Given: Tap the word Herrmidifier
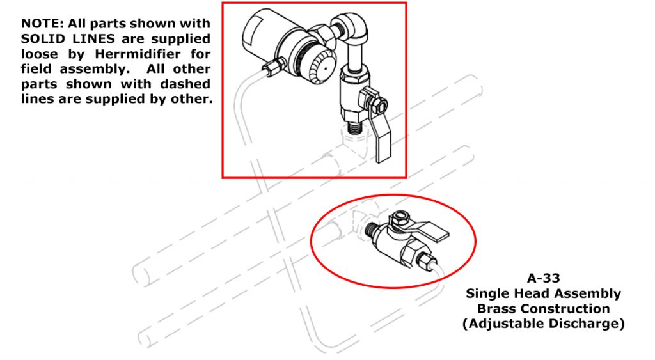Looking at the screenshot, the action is [x=138, y=54].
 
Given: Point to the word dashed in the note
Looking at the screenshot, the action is [x=185, y=84].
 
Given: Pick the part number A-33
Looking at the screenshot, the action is [x=544, y=278].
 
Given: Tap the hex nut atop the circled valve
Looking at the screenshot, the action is [x=399, y=217].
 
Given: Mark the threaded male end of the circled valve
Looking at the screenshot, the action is [x=370, y=230].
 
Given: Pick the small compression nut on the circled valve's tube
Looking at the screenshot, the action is [x=425, y=261].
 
